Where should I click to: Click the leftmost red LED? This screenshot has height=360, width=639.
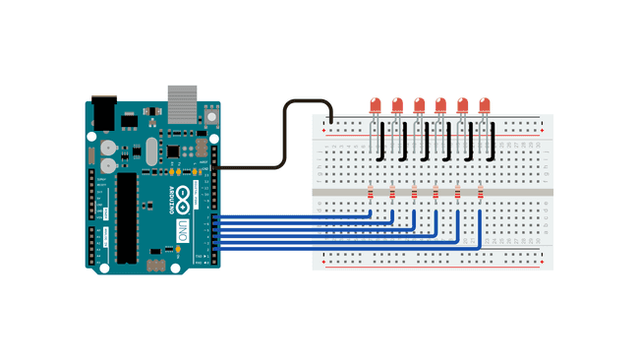coord(376,104)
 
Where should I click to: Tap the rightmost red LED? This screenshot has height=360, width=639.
coord(484,104)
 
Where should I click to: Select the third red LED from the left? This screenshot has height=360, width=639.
coord(419,104)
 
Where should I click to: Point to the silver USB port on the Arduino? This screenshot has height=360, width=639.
coord(182,102)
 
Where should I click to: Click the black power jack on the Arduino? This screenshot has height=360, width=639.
coord(103,112)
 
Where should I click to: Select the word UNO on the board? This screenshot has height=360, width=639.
coord(182,232)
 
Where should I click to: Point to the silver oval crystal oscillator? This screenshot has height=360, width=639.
coord(150,150)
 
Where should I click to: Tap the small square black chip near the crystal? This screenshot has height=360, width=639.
coord(173,150)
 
